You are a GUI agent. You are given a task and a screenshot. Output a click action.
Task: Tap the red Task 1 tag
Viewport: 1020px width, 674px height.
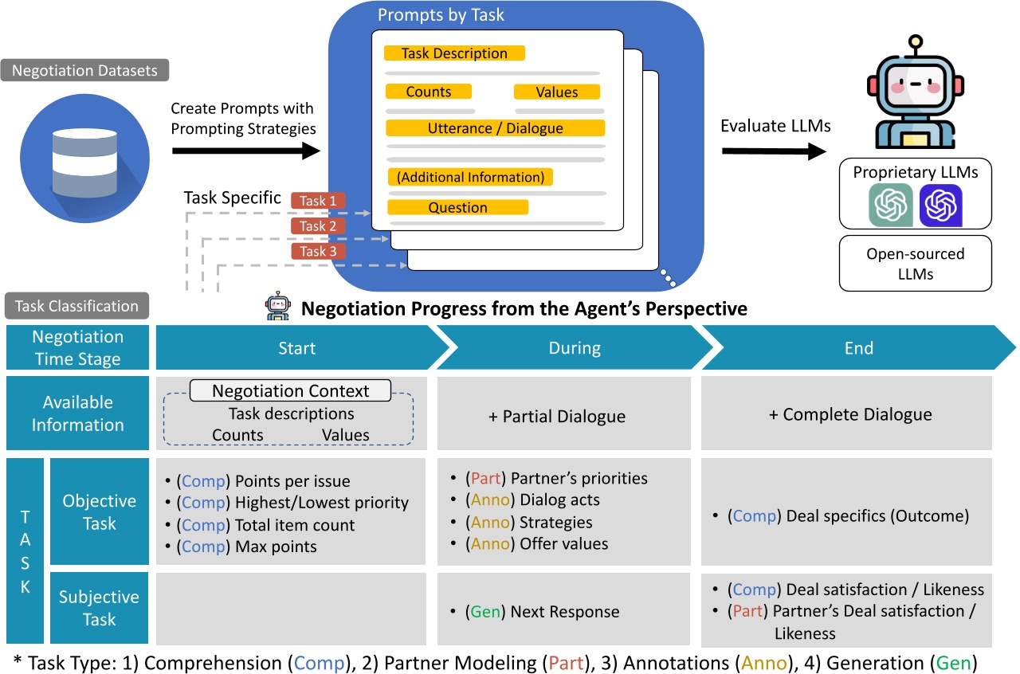(318, 201)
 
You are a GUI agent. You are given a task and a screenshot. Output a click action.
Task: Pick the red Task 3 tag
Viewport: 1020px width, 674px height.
(318, 251)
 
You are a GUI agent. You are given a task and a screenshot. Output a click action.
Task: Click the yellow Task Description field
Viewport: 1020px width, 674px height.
(454, 53)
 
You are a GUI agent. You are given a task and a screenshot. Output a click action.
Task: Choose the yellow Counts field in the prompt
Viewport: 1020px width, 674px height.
(429, 92)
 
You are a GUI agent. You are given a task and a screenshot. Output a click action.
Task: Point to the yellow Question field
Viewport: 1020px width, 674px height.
(457, 208)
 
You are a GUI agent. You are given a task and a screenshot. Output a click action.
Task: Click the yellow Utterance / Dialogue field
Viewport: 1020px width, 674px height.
(495, 128)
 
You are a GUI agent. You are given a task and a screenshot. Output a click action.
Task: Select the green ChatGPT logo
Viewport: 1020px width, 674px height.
(890, 205)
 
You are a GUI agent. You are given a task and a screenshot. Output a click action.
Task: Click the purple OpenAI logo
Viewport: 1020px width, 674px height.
(940, 205)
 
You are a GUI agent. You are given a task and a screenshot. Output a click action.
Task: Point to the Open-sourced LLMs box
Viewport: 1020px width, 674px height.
(915, 263)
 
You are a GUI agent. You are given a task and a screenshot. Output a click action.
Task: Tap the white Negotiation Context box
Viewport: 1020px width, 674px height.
(290, 391)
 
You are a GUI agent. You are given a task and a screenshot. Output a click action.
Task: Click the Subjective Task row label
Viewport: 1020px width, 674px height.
(99, 608)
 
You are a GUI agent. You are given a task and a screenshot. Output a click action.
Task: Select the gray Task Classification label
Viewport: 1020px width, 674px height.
(76, 306)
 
